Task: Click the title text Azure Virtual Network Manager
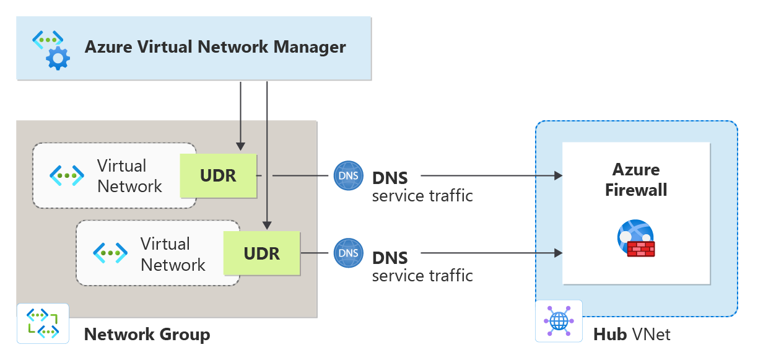(215, 47)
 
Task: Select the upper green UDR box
(218, 176)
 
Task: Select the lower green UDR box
(261, 253)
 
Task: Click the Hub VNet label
(632, 335)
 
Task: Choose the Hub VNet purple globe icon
(559, 321)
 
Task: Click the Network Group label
(147, 335)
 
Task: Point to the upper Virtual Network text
(129, 176)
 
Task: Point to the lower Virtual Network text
(173, 254)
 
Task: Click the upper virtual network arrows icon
(66, 176)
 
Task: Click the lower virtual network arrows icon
(110, 253)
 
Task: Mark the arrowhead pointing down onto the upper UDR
(240, 147)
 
